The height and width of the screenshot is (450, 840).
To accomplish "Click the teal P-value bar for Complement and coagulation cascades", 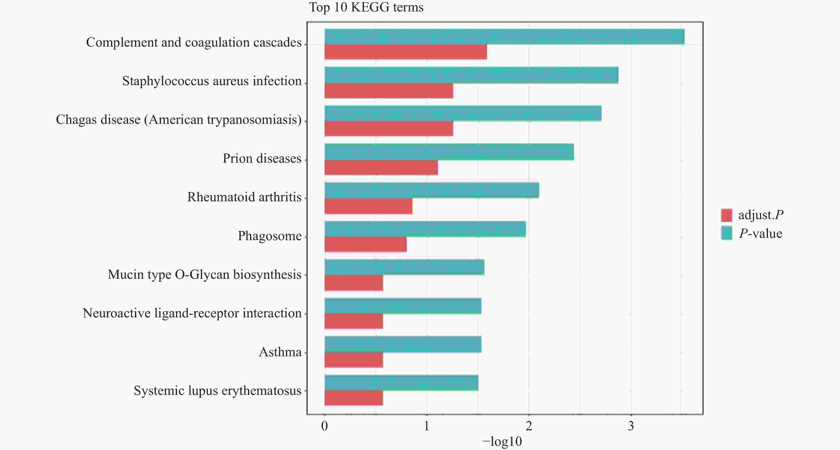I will pos(504,36).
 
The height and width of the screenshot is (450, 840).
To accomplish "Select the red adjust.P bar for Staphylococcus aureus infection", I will pos(389,91).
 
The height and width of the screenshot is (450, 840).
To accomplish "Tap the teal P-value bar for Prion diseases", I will pos(449,152).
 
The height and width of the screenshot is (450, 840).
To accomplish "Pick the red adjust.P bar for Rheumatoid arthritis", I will pos(369,206).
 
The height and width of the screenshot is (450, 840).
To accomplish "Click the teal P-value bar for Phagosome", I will pos(425,229).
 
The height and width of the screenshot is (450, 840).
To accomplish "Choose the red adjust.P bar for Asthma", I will pos(354,360).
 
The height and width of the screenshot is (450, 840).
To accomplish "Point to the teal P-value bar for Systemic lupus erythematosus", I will pos(401,383).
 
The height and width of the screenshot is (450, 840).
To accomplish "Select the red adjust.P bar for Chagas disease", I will pos(389,129).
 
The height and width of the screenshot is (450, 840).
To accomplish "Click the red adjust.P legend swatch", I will pos(726,215).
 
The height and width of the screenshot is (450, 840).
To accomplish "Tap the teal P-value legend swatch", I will pos(726,233).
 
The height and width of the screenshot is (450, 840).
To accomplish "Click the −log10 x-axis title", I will pos(502,441).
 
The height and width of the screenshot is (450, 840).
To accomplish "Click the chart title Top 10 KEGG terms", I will pos(366,7).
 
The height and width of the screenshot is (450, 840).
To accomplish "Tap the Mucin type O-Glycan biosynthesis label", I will pos(205,275).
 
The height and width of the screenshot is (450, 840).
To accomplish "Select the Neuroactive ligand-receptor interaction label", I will pos(192,313).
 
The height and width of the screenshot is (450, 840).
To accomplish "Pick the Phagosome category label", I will pos(270,236).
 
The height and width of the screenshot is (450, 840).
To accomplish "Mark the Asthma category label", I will pos(280,352).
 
